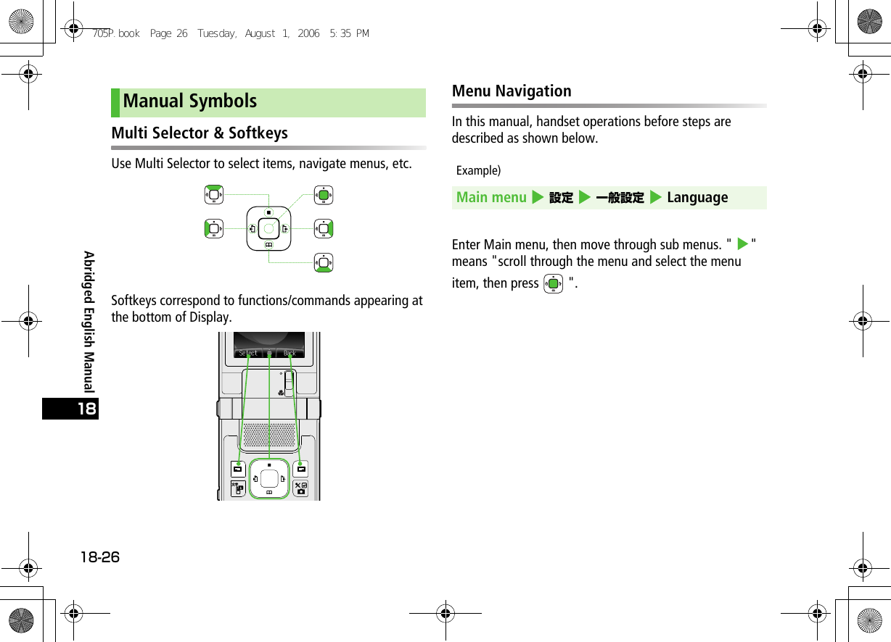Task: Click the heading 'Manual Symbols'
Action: point(190,101)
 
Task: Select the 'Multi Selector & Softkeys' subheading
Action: point(200,133)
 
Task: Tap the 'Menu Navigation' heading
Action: point(512,91)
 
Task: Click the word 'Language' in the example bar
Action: point(697,198)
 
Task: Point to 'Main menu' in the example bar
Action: point(491,198)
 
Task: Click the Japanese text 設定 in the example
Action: point(561,198)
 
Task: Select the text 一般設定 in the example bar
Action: point(620,198)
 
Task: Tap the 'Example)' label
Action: point(478,171)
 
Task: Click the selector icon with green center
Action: point(324,195)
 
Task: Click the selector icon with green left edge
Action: point(213,229)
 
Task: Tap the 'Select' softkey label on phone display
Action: point(248,353)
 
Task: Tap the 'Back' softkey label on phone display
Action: point(290,353)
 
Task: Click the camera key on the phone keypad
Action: point(300,488)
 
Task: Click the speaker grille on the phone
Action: point(269,435)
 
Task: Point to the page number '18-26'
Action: point(100,557)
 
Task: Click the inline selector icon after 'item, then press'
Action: point(553,283)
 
